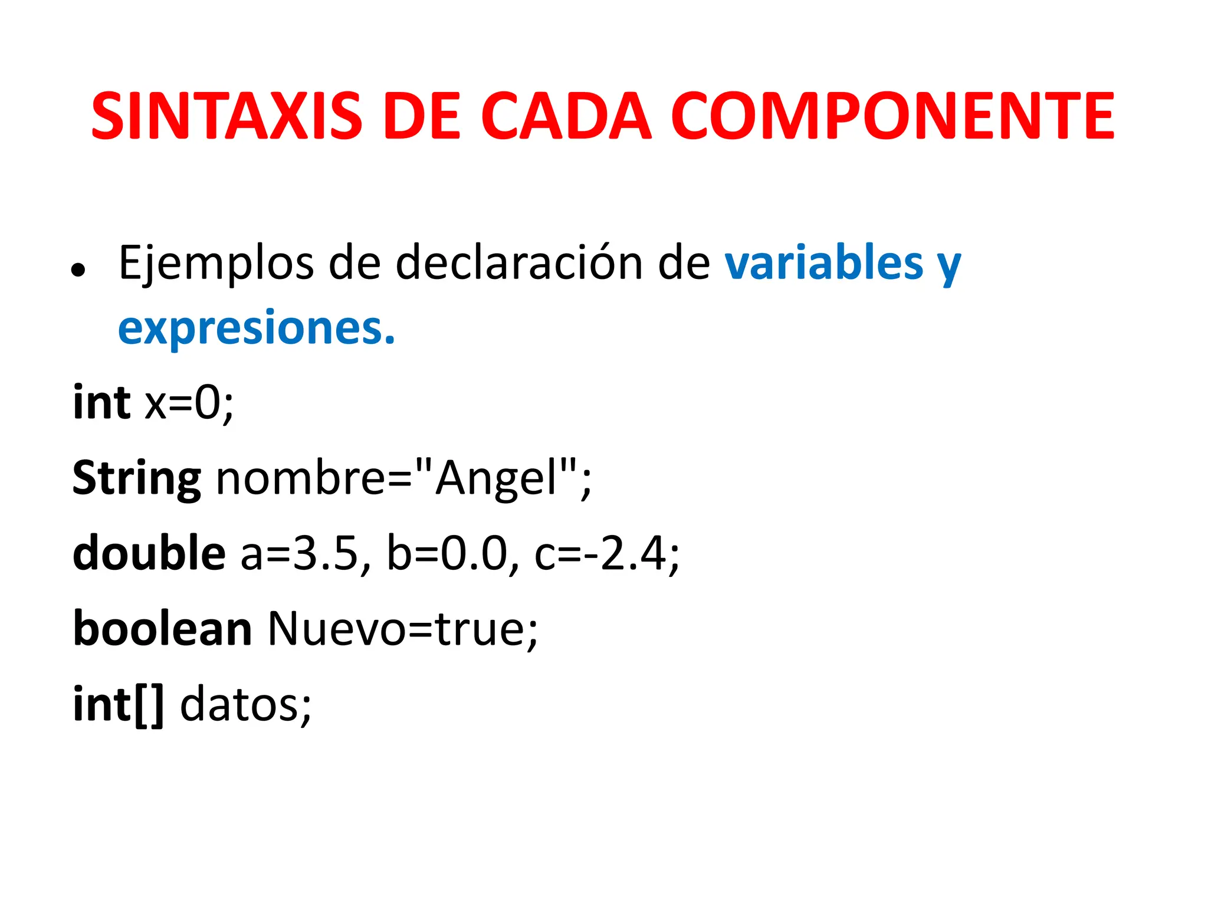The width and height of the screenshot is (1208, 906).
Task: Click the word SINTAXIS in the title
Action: [226, 116]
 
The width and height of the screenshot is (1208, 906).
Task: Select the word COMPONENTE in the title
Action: [892, 116]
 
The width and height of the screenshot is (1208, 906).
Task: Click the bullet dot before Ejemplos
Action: [77, 271]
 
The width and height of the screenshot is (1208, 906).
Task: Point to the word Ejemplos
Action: [216, 264]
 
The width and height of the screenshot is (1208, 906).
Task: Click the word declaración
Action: [519, 264]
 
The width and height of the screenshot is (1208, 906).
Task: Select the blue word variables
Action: [823, 264]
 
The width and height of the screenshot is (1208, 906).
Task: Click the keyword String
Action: [137, 479]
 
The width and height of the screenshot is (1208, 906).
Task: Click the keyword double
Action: [149, 554]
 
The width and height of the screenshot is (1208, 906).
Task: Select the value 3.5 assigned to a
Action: [326, 554]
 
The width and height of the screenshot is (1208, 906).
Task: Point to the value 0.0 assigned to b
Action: [474, 554]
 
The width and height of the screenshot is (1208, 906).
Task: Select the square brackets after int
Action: [149, 705]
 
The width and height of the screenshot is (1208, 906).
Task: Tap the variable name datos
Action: [240, 705]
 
